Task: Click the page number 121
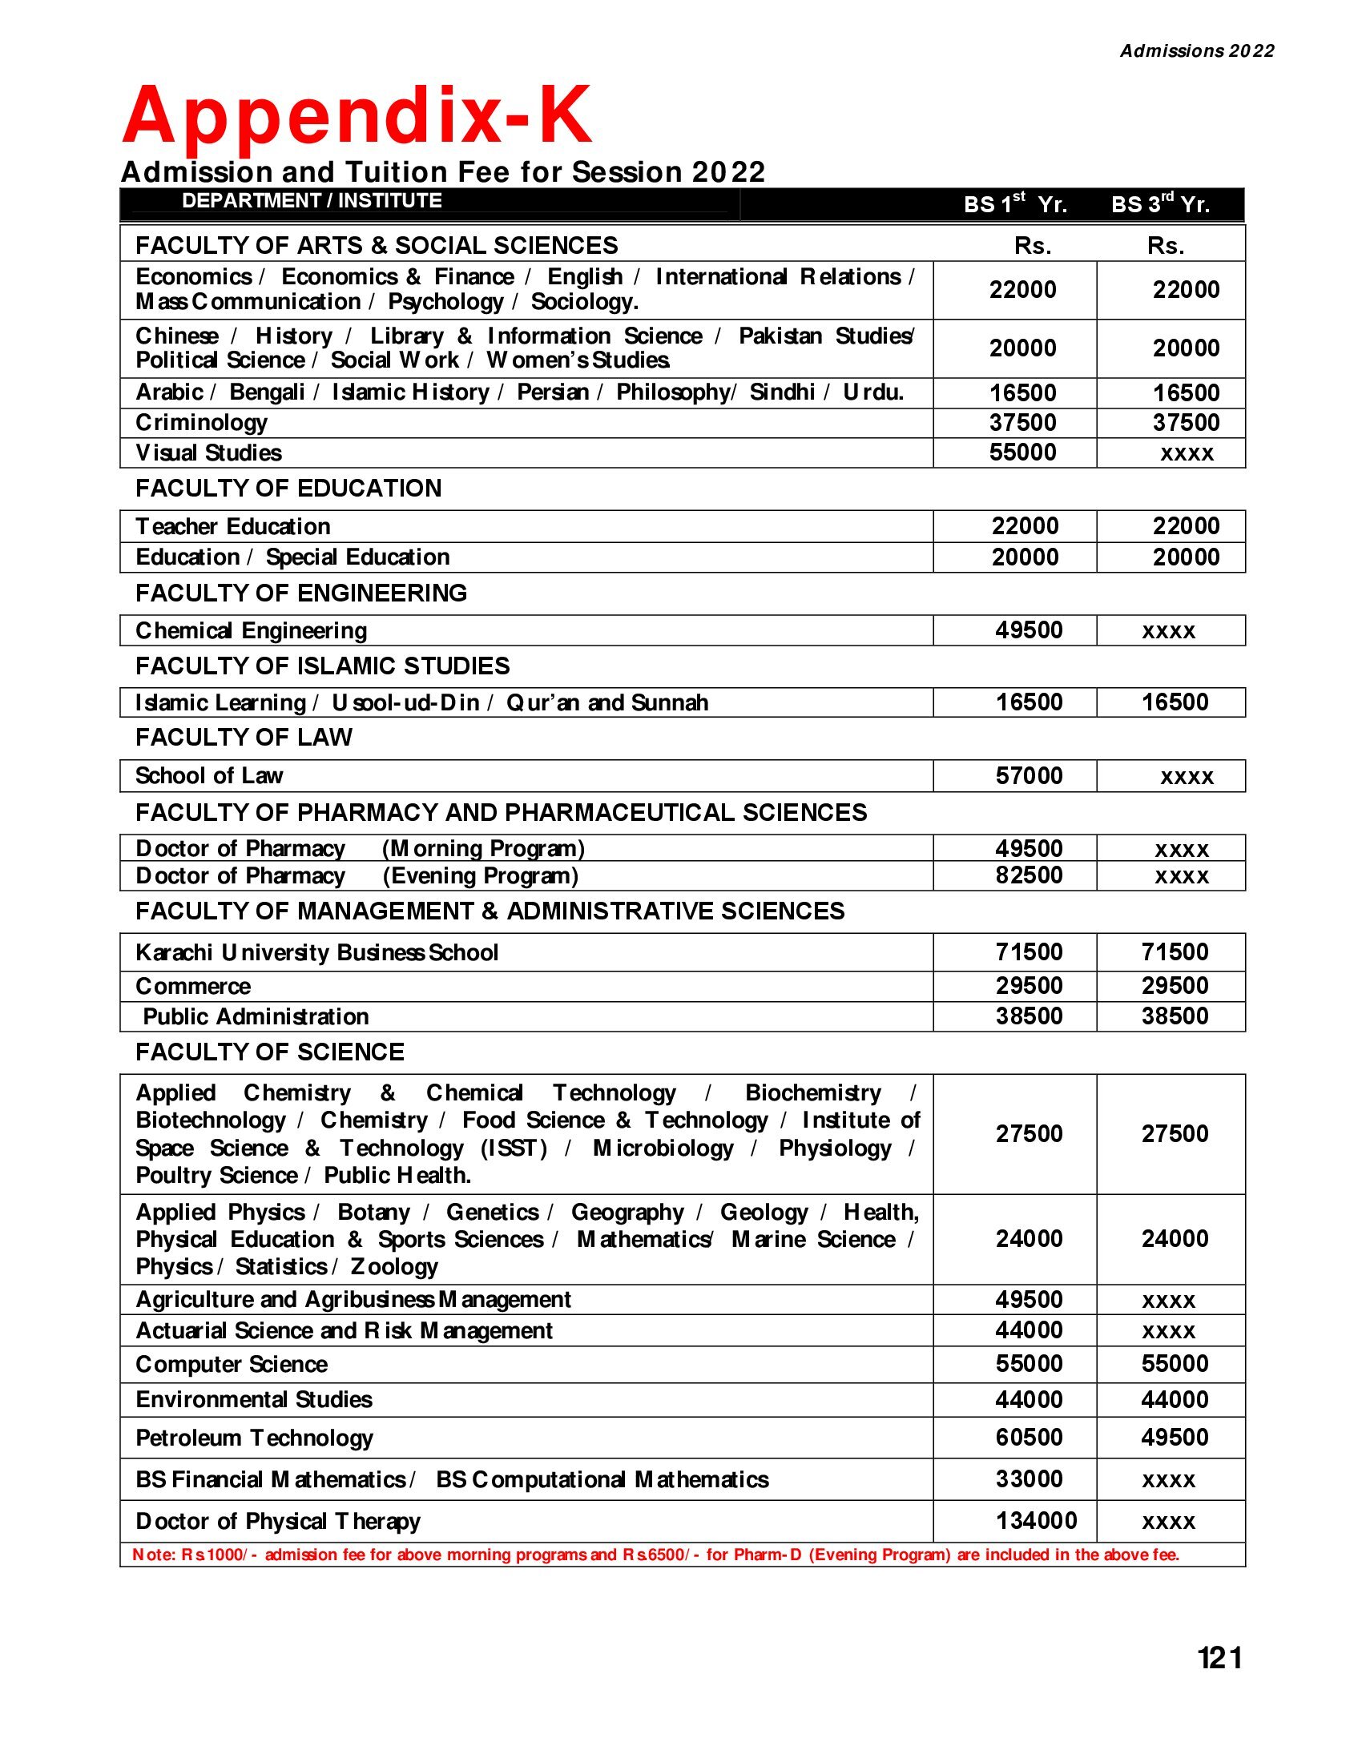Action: [1219, 1658]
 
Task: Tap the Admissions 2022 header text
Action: [1197, 50]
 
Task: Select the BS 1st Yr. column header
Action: [1015, 204]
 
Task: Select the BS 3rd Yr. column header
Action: [1160, 204]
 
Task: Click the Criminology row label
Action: [202, 422]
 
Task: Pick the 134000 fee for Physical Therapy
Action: [1036, 1521]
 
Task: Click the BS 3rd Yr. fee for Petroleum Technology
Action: [1175, 1437]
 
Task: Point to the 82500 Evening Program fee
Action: [1029, 875]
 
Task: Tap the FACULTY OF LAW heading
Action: [244, 738]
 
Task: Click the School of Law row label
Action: [209, 775]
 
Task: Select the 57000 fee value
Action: [1029, 775]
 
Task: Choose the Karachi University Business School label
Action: [317, 953]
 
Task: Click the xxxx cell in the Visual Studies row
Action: [1187, 453]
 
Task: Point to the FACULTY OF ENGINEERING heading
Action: [301, 593]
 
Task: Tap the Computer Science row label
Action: [232, 1364]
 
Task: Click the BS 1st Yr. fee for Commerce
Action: [1029, 985]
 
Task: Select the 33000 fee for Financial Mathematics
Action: [1029, 1478]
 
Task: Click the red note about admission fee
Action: [655, 1555]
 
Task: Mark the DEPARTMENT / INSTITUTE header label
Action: [312, 201]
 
